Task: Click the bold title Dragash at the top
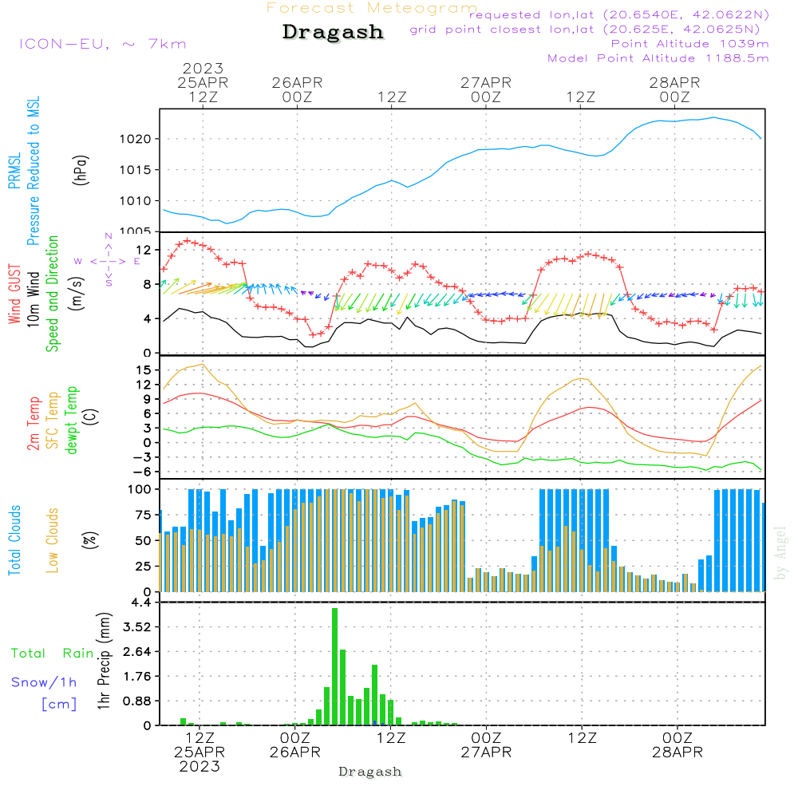coord(333,33)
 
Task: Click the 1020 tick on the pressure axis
coord(140,139)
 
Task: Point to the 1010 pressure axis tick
coord(140,201)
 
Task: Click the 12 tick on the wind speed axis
coord(145,250)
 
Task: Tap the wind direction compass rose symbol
coord(109,260)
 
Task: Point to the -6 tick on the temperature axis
coord(143,472)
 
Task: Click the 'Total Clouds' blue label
coord(14,539)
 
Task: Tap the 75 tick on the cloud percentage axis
coord(144,515)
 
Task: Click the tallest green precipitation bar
coord(335,666)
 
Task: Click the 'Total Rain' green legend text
coord(52,654)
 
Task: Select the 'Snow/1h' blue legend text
coord(45,682)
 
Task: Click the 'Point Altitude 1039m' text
coord(690,43)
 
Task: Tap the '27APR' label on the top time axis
coord(485,82)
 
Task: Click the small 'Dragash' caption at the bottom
coord(370,772)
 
